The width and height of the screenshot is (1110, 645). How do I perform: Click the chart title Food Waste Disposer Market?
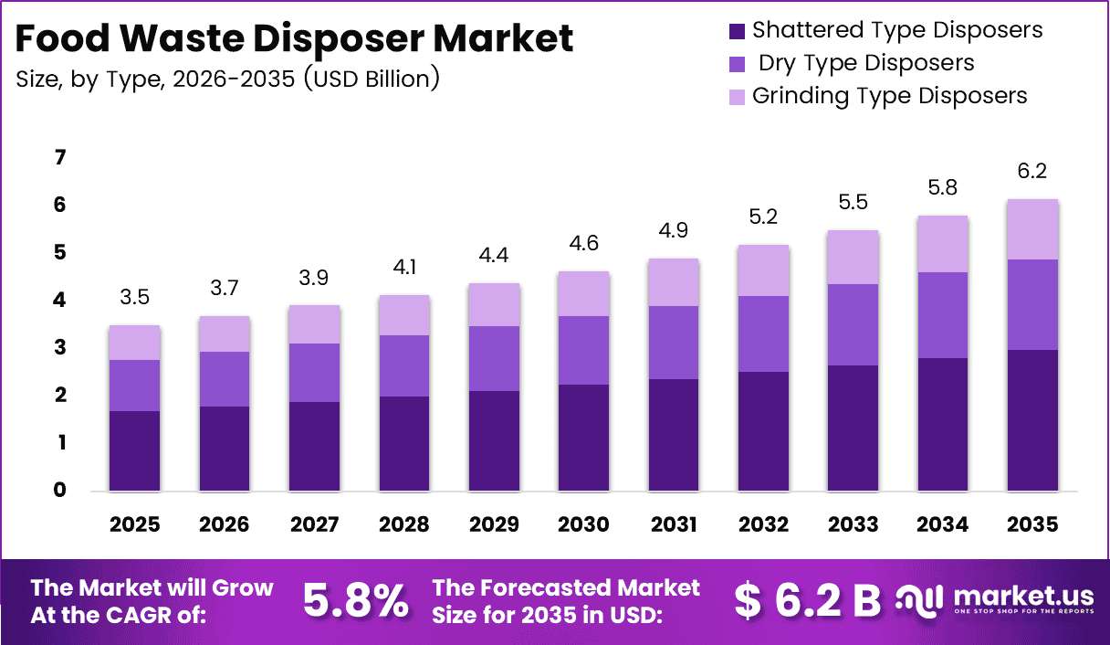pyautogui.click(x=294, y=38)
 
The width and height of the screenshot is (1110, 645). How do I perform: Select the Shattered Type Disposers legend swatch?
pyautogui.click(x=737, y=31)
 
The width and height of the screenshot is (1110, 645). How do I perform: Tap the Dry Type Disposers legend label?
pyautogui.click(x=866, y=63)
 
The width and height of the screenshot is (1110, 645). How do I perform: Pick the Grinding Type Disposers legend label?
pyautogui.click(x=889, y=96)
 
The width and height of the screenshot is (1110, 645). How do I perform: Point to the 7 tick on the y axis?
pyautogui.click(x=60, y=157)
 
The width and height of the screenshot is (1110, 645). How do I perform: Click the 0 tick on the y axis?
pyautogui.click(x=60, y=490)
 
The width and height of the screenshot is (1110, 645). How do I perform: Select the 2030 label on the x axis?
pyautogui.click(x=583, y=524)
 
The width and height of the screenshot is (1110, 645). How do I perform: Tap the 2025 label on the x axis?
pyautogui.click(x=134, y=524)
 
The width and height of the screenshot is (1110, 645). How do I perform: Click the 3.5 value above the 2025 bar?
pyautogui.click(x=134, y=298)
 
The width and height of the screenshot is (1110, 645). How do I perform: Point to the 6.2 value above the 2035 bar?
pyautogui.click(x=1032, y=171)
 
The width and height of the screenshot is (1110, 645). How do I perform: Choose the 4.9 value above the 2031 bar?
pyautogui.click(x=674, y=230)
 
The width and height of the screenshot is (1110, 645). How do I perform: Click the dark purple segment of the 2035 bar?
pyautogui.click(x=1032, y=420)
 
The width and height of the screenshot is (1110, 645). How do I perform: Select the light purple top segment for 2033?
pyautogui.click(x=853, y=258)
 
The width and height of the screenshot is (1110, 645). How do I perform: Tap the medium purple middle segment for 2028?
pyautogui.click(x=404, y=365)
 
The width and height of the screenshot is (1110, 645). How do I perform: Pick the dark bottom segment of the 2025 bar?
pyautogui.click(x=135, y=451)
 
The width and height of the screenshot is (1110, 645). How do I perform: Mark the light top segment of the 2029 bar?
pyautogui.click(x=494, y=305)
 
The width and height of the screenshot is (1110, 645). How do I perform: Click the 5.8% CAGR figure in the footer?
pyautogui.click(x=356, y=601)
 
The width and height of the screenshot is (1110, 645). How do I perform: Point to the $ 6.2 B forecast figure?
pyautogui.click(x=807, y=601)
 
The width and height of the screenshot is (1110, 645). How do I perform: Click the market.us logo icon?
pyautogui.click(x=918, y=601)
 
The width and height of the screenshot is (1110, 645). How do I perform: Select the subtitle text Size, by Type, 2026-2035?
pyautogui.click(x=155, y=79)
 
